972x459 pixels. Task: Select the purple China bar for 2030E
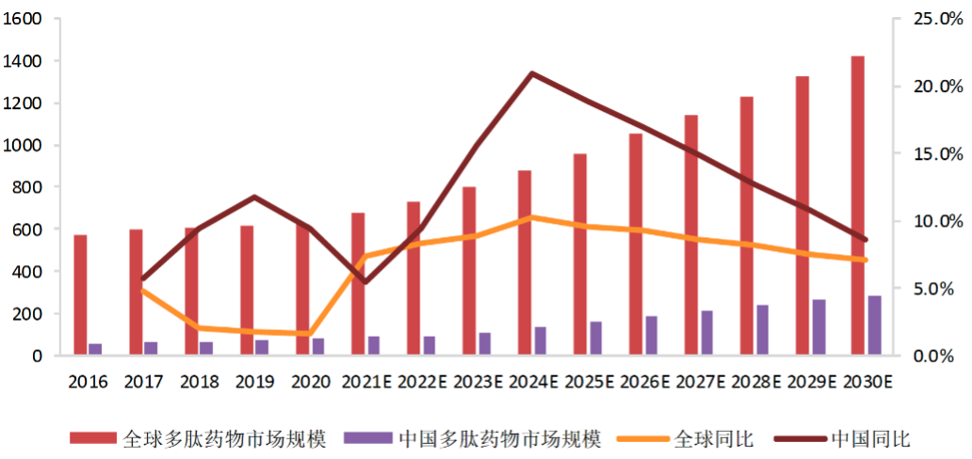point(875,325)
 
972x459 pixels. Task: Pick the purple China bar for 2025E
point(596,338)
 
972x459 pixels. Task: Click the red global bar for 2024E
point(525,262)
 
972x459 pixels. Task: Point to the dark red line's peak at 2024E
point(533,73)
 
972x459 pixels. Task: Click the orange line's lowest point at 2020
point(311,334)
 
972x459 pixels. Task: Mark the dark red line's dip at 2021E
point(364,282)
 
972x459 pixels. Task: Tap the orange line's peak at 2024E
point(533,217)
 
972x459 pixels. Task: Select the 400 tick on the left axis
point(27,272)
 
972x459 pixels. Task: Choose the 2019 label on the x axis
point(255,383)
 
